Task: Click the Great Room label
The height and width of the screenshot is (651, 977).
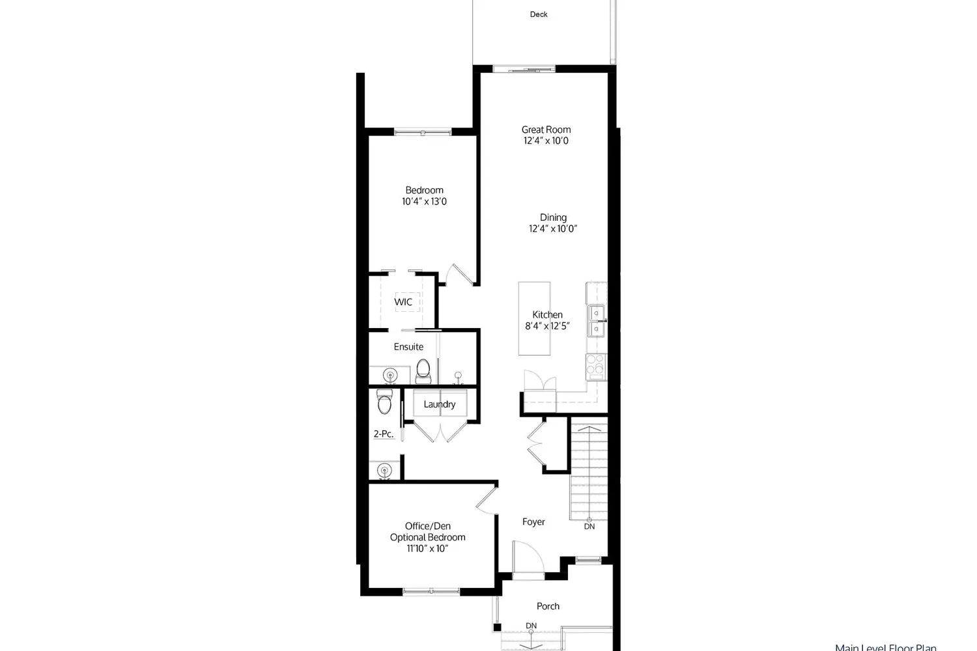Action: (x=546, y=130)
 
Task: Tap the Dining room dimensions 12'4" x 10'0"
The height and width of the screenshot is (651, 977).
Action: (x=553, y=229)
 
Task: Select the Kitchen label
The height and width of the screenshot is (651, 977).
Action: (x=547, y=314)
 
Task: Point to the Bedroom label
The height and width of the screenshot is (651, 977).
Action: (x=424, y=190)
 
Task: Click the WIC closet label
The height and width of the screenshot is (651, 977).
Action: (x=403, y=302)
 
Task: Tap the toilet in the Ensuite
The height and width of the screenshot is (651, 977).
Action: (x=423, y=370)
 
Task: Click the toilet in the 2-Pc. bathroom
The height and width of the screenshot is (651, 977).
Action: (x=384, y=402)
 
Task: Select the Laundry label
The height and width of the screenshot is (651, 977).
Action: (x=440, y=404)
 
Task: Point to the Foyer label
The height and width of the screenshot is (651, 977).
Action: (x=533, y=521)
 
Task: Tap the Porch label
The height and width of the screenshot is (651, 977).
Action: (x=548, y=606)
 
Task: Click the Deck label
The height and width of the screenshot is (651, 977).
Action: (x=539, y=14)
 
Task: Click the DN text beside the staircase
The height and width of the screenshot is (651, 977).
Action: (x=589, y=526)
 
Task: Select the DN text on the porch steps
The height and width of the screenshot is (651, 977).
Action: (x=531, y=626)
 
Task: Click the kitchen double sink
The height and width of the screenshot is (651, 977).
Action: (x=596, y=322)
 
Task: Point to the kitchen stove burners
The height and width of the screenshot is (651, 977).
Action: (x=595, y=367)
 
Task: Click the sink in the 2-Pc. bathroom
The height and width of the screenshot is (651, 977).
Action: (x=385, y=470)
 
